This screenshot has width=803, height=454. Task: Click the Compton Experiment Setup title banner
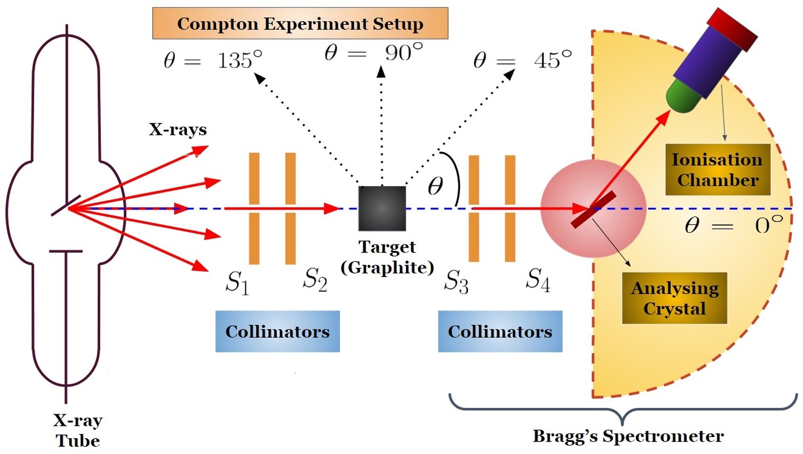pyautogui.click(x=300, y=23)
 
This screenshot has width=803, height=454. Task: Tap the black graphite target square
pyautogui.click(x=382, y=208)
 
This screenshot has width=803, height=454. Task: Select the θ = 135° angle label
pyautogui.click(x=213, y=61)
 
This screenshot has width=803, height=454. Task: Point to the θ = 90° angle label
pyautogui.click(x=373, y=53)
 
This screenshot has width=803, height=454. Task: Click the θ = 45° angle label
pyautogui.click(x=522, y=60)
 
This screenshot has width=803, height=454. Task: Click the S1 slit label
pyautogui.click(x=237, y=282)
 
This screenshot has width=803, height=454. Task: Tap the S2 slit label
pyautogui.click(x=315, y=279)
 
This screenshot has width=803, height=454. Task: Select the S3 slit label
pyautogui.click(x=456, y=281)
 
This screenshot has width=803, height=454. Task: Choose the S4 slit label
pyautogui.click(x=538, y=279)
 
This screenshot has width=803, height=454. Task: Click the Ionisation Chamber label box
pyautogui.click(x=717, y=170)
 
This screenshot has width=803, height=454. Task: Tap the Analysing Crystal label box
pyautogui.click(x=675, y=298)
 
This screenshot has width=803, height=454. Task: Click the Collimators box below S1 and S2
pyautogui.click(x=277, y=331)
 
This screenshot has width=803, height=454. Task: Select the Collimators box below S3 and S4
pyautogui.click(x=500, y=331)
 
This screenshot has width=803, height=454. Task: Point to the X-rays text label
pyautogui.click(x=178, y=130)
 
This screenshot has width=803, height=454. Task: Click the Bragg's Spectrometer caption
pyautogui.click(x=628, y=436)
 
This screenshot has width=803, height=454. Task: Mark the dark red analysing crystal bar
pyautogui.click(x=593, y=210)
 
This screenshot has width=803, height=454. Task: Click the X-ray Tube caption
pyautogui.click(x=78, y=430)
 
